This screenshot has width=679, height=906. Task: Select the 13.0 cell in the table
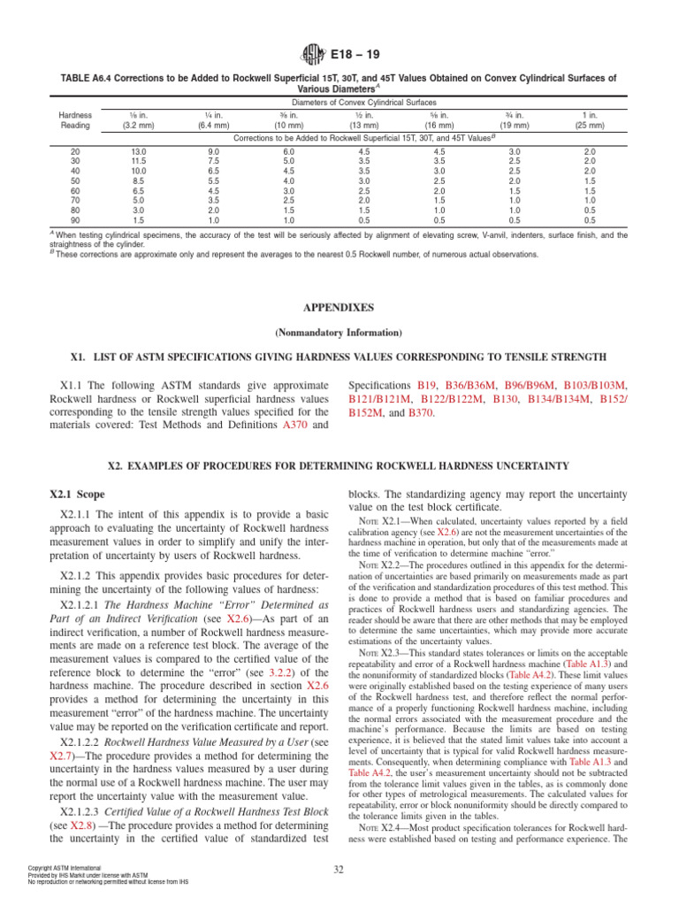point(138,153)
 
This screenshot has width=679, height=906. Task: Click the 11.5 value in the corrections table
point(138,163)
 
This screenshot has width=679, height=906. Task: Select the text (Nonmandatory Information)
point(339,334)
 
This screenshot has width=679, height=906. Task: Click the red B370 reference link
point(421,412)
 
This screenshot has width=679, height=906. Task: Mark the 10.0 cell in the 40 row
point(138,173)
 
